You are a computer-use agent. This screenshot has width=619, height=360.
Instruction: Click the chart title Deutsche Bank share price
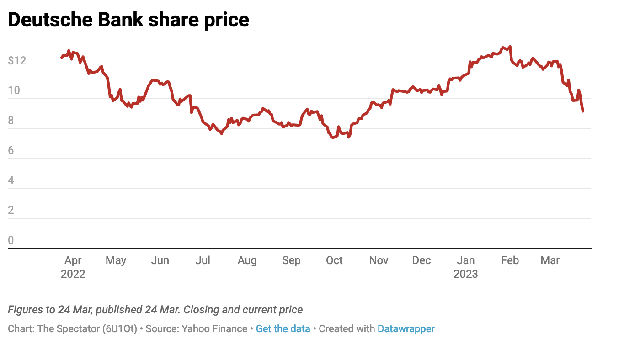tap(128, 20)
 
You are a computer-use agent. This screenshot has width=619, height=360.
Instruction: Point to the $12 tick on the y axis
tap(17, 61)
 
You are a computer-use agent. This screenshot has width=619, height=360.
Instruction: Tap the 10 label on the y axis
tap(14, 90)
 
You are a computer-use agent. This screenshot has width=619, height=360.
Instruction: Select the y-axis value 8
tap(11, 121)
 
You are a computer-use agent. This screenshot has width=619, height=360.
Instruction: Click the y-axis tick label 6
tap(11, 151)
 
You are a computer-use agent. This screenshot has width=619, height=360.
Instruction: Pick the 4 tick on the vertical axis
tap(11, 180)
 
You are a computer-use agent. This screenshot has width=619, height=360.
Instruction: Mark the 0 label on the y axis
tap(11, 240)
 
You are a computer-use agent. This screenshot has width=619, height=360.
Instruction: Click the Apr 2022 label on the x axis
tap(73, 267)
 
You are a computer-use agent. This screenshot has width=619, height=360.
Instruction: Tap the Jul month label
tap(203, 260)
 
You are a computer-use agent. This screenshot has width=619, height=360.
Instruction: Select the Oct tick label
tap(334, 260)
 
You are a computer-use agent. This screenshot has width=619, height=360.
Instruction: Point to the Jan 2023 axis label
tap(465, 267)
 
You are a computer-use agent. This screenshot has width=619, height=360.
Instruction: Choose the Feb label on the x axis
tap(510, 260)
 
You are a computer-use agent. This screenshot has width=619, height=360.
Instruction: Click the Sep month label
tap(291, 260)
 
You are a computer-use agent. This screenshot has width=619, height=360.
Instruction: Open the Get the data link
tap(283, 328)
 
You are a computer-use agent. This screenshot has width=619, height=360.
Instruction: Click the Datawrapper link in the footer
tap(406, 328)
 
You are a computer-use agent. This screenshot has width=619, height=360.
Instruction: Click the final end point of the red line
tap(583, 111)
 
